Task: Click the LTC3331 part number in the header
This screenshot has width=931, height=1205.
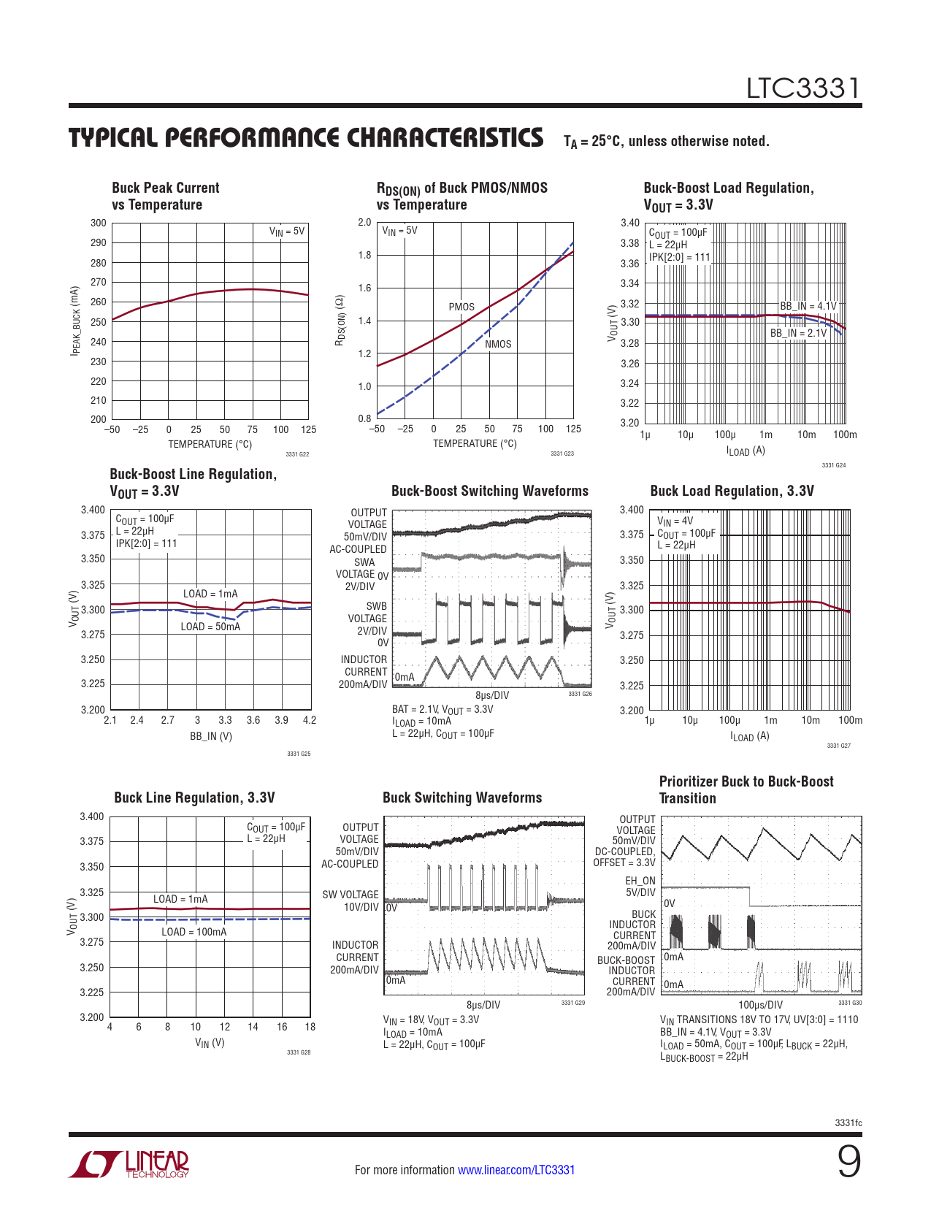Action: (802, 88)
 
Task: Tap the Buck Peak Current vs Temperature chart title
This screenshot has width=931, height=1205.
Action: (166, 196)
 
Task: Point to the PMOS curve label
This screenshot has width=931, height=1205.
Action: (461, 307)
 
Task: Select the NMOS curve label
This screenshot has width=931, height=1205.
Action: (498, 344)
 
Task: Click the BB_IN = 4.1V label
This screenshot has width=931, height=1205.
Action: (808, 306)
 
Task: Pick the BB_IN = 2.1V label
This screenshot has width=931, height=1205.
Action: (798, 333)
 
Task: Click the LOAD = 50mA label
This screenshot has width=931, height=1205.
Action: (210, 627)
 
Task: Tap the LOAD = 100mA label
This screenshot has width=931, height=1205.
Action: (194, 932)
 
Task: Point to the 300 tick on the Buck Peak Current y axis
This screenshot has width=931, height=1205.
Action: (99, 223)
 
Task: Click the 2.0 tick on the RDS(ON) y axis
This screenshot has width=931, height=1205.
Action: (364, 222)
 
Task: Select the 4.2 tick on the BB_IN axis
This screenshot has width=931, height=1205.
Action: (310, 720)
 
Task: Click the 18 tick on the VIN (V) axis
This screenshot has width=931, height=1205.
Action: (310, 1027)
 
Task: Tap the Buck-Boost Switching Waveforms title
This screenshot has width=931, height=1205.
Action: (490, 491)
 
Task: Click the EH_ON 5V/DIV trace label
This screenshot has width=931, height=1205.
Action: (640, 887)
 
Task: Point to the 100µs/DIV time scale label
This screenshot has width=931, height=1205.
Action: (760, 1005)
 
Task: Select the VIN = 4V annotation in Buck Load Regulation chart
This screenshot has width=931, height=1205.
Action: (675, 521)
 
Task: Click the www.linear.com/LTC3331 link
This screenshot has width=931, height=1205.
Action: (516, 1170)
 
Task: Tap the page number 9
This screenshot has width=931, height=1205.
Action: (848, 1162)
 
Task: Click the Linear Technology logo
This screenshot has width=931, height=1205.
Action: (129, 1164)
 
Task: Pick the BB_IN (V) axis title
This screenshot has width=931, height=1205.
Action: (211, 736)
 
